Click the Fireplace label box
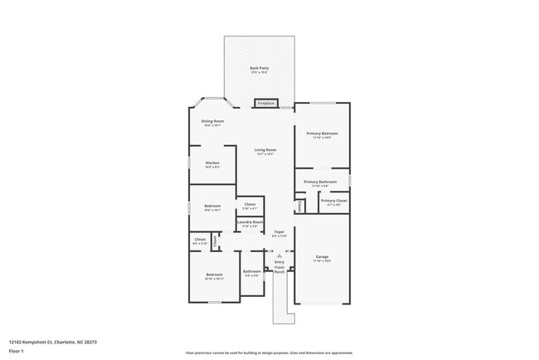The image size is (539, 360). click(266, 104)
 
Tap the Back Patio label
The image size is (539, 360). click(260, 68)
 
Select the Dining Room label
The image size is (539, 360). click(213, 121)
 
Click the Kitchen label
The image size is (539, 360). click(212, 163)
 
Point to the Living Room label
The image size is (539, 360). click(265, 150)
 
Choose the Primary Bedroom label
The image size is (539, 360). click(322, 134)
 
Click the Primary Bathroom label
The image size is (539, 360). click(320, 182)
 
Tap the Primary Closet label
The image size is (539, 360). click(334, 201)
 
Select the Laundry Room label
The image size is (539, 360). click(250, 222)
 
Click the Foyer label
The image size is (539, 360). click(279, 232)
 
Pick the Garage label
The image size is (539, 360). click(322, 257)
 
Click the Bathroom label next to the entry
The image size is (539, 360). click(252, 271)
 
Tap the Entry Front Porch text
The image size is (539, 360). click(279, 267)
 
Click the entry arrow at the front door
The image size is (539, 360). click(279, 255)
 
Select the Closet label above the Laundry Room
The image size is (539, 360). click(250, 204)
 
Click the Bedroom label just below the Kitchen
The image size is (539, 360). click(213, 206)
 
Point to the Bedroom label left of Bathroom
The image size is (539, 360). click(214, 275)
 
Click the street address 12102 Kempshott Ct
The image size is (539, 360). click(53, 341)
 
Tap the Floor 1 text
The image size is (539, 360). click(17, 351)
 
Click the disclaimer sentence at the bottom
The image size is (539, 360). click(269, 353)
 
